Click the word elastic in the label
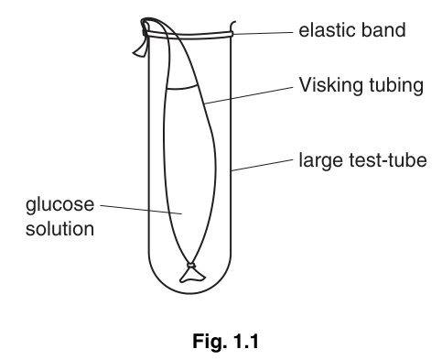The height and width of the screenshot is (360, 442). click(326, 30)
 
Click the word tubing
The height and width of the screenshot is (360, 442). click(396, 85)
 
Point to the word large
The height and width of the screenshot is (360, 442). click(321, 161)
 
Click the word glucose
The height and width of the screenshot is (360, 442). click(59, 205)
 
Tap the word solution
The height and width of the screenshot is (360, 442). click(59, 229)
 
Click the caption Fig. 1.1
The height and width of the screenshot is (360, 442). click(226, 341)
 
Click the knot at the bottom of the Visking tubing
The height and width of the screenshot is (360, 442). click(191, 265)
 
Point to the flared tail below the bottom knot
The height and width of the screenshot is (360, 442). click(192, 275)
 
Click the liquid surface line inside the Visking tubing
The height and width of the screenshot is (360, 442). click(181, 88)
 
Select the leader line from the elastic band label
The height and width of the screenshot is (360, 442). click(263, 32)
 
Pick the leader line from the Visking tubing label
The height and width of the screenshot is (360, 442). click(249, 95)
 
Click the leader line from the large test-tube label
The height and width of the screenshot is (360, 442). click(262, 165)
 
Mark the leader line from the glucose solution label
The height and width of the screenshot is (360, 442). click(141, 210)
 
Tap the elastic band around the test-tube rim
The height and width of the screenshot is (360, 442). click(188, 36)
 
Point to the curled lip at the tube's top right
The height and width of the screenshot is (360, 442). click(232, 26)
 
